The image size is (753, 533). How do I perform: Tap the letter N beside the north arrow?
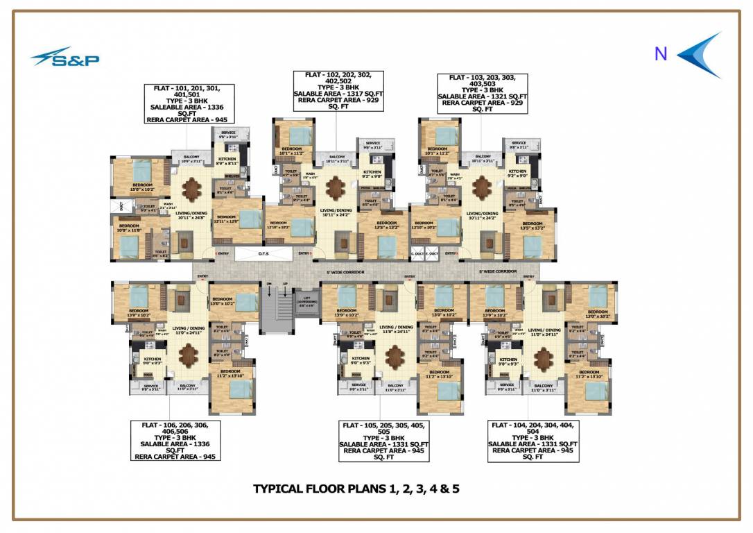point(661,53)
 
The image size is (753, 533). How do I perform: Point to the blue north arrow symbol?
point(700,55)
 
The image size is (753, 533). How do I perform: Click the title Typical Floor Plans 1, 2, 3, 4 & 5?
point(356,489)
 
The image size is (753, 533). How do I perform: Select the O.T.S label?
point(263,254)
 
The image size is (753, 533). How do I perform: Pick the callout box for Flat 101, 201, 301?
point(189,104)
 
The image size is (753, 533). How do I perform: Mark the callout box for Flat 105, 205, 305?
point(383,441)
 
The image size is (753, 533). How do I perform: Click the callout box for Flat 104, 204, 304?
point(533,441)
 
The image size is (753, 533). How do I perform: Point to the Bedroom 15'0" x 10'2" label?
point(139,187)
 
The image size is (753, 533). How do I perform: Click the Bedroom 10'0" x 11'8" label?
point(129,228)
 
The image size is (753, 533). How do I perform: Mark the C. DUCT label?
point(417,254)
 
